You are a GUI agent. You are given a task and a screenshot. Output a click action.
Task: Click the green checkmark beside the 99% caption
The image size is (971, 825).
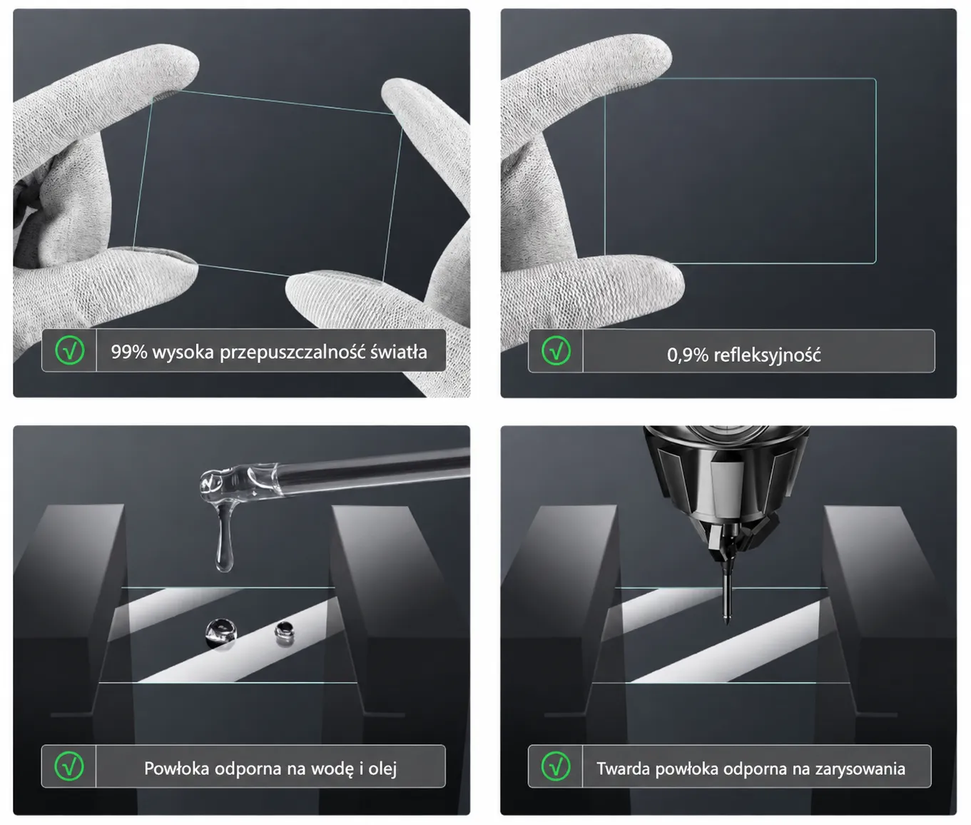pos(69,350)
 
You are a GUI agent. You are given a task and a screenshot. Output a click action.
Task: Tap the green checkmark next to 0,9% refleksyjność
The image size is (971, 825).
pos(556,350)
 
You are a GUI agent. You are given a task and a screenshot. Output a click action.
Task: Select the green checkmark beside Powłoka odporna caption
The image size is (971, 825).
pos(69,766)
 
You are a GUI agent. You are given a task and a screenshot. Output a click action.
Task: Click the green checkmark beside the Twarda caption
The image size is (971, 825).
pos(556,766)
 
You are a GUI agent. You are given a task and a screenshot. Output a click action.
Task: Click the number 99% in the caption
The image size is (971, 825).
pos(129,352)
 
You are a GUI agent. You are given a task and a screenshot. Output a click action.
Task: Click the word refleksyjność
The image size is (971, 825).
pos(767,355)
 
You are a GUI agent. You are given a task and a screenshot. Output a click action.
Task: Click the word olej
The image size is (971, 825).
pos(382,769)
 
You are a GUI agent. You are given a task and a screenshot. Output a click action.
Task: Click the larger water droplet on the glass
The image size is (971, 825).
pos(221,633)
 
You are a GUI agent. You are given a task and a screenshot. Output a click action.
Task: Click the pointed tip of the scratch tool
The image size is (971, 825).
pos(727,624)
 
